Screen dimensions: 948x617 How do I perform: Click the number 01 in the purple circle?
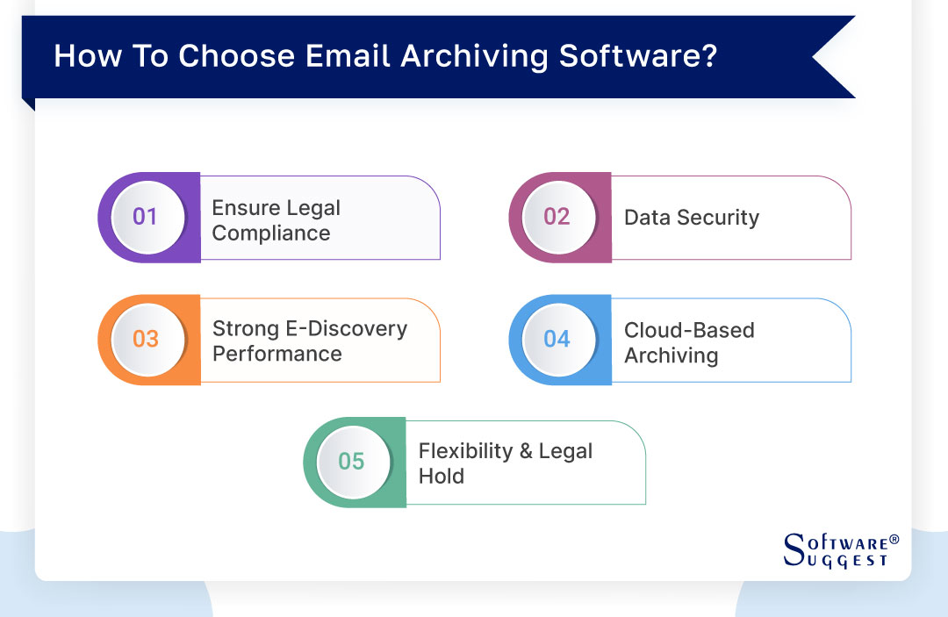145,216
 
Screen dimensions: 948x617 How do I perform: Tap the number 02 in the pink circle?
557,216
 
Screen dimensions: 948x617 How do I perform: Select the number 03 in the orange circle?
146,339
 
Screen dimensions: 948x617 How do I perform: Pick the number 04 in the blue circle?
557,339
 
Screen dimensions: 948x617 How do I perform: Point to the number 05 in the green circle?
351,461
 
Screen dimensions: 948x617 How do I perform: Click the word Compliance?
271,233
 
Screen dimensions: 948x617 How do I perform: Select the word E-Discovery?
347,329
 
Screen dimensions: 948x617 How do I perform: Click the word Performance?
276,354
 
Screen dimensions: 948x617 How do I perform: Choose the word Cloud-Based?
689,331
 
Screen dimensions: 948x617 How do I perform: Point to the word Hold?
442,477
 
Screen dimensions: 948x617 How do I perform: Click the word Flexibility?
465,451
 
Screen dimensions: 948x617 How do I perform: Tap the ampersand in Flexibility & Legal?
526,451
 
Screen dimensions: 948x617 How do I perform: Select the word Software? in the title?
638,56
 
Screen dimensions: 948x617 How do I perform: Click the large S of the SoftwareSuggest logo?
794,549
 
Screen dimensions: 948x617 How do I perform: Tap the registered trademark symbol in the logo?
894,539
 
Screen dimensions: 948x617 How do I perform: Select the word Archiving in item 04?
671,356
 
